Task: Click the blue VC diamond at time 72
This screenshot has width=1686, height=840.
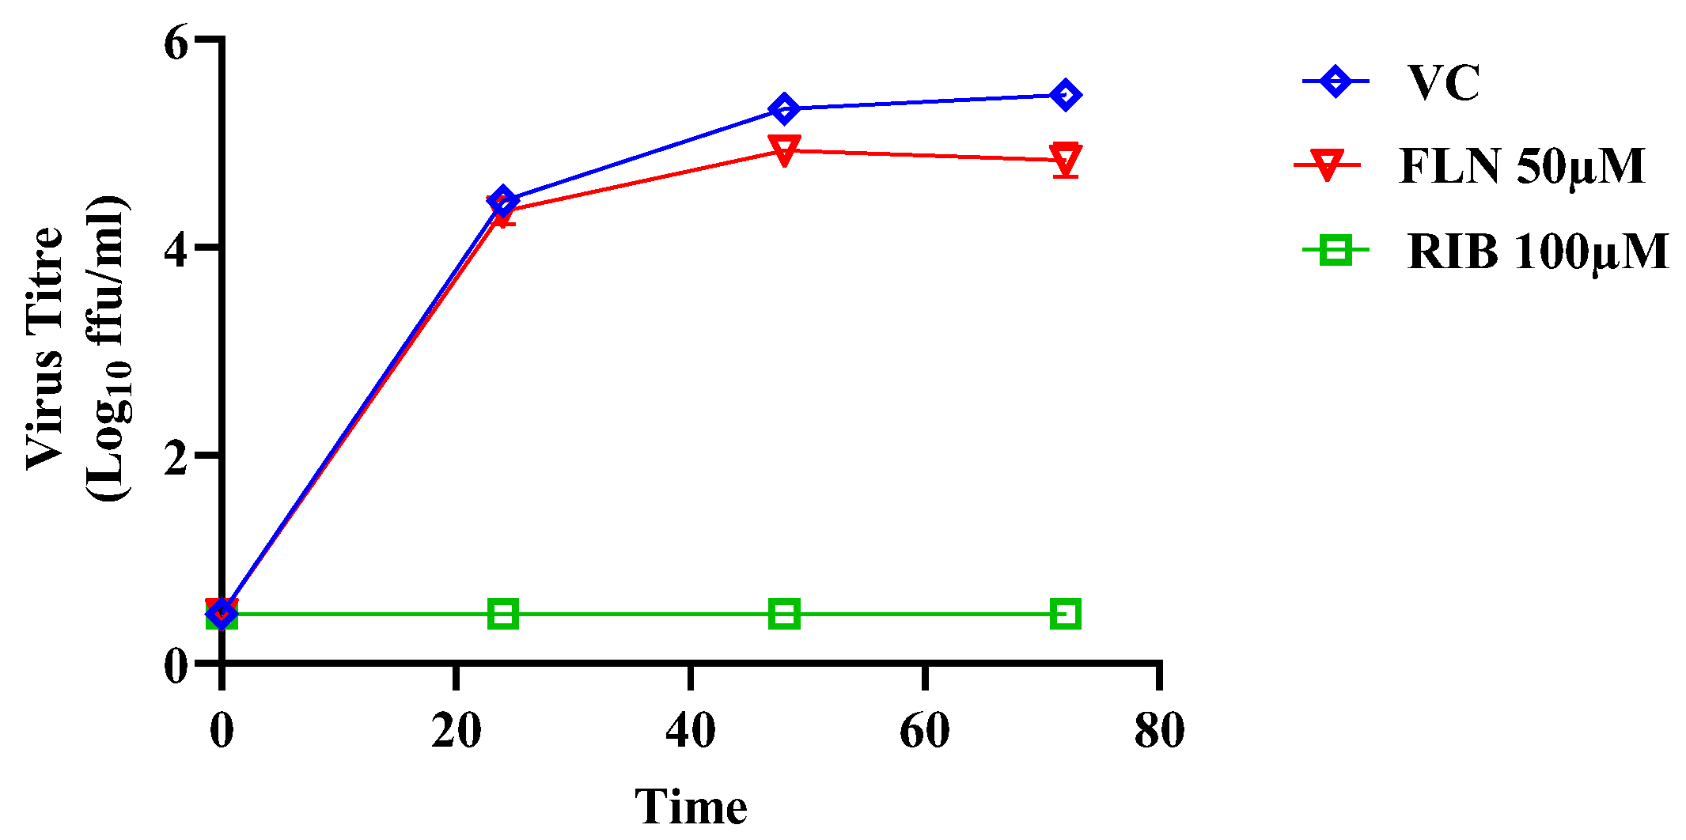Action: pyautogui.click(x=1066, y=96)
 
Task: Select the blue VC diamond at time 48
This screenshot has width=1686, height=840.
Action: pyautogui.click(x=784, y=109)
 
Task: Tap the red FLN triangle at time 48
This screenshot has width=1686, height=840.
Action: pyautogui.click(x=784, y=149)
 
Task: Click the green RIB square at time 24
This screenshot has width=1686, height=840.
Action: pyautogui.click(x=503, y=614)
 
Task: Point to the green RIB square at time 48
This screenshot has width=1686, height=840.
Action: pyautogui.click(x=784, y=614)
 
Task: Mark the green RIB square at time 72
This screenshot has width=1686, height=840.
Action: pyautogui.click(x=1066, y=614)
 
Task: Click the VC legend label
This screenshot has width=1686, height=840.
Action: pyautogui.click(x=1443, y=82)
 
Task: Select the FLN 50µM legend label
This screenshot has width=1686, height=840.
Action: pyautogui.click(x=1521, y=166)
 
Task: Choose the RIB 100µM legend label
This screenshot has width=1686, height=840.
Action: pyautogui.click(x=1538, y=252)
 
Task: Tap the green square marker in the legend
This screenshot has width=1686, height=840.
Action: pyautogui.click(x=1336, y=252)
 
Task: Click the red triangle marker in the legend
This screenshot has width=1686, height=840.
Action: pyautogui.click(x=1327, y=166)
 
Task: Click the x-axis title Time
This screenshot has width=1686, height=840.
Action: pyautogui.click(x=691, y=807)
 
